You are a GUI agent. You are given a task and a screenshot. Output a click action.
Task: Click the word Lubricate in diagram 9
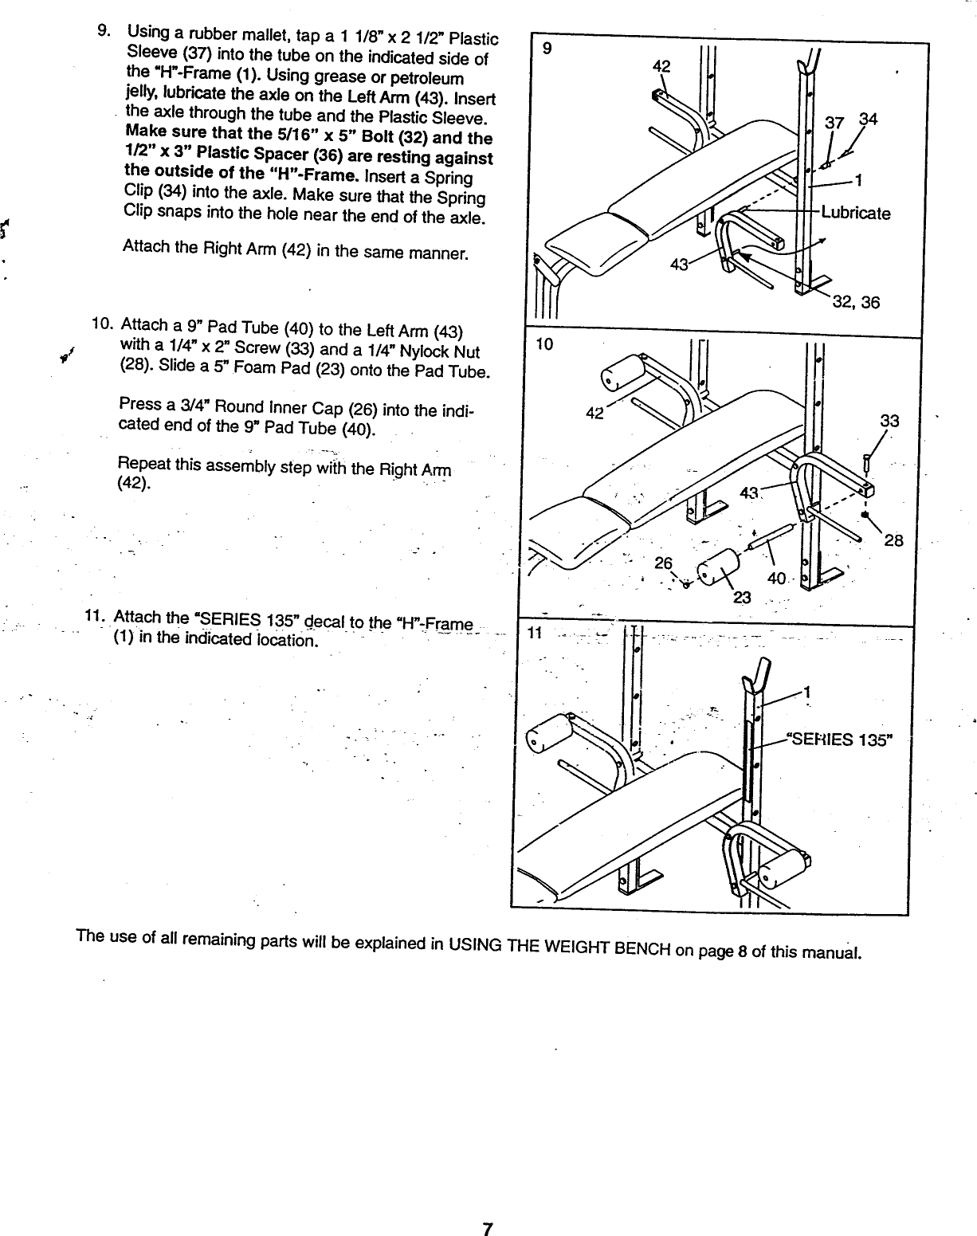point(856,214)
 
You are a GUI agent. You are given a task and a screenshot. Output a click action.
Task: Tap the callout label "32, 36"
point(856,302)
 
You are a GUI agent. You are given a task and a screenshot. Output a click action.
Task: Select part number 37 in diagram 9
point(834,122)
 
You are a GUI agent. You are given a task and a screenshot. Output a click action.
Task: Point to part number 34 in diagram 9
point(868,120)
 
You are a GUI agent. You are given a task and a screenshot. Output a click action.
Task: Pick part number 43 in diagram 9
point(680,265)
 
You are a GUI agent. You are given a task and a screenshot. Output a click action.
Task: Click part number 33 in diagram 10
point(889,421)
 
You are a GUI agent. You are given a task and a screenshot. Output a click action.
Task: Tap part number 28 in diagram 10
point(893,541)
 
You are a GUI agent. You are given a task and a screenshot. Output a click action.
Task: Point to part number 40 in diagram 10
point(777,578)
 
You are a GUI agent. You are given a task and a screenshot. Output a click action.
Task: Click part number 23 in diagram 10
point(742,600)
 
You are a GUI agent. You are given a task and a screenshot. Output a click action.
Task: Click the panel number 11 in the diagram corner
point(534,633)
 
